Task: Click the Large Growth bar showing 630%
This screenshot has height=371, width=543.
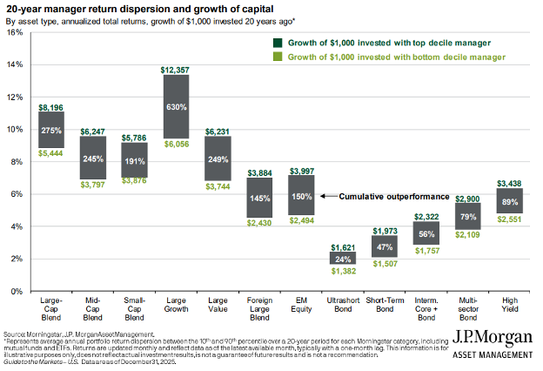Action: pos(177,106)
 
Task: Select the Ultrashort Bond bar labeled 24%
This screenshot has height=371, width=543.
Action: pos(342,258)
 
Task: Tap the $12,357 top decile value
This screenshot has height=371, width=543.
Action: pos(177,68)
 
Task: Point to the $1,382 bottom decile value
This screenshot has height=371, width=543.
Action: pos(342,273)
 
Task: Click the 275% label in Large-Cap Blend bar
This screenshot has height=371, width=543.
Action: pos(51,130)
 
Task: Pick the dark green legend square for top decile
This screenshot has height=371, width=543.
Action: pos(277,42)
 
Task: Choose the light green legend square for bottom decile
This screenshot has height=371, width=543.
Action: pos(277,57)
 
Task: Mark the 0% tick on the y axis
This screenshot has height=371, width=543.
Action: pos(17,291)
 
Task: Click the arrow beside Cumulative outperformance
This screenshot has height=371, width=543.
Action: pos(326,196)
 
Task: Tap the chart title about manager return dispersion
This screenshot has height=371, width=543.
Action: pos(123,9)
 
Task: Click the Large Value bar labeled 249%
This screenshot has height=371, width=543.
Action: pos(218,159)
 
